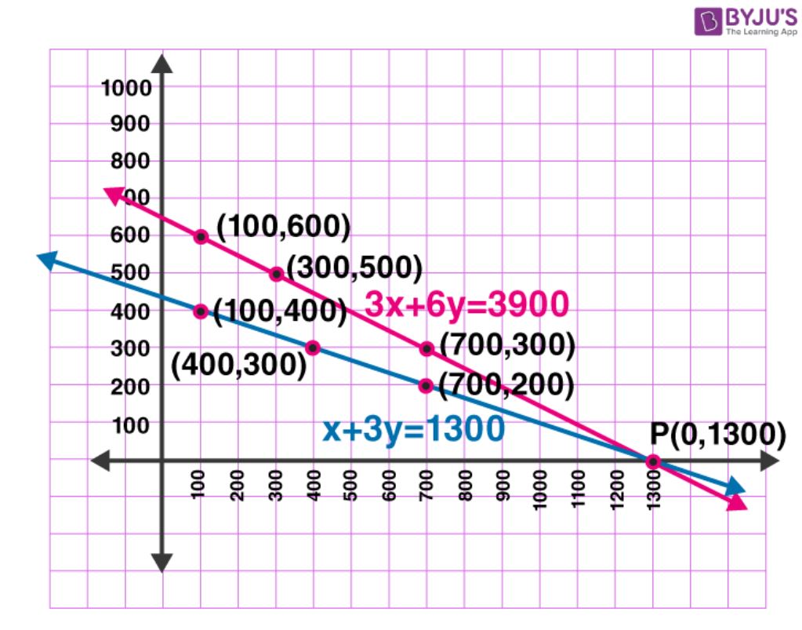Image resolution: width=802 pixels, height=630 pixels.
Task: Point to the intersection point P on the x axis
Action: (653, 461)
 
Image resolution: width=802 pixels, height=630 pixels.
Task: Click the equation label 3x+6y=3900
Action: (466, 305)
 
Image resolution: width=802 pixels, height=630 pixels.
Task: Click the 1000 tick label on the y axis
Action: (125, 88)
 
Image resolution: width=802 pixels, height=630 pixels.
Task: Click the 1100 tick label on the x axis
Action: (579, 491)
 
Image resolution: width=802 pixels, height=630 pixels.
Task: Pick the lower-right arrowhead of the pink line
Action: (738, 503)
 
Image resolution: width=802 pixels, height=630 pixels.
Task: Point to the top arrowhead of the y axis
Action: (161, 64)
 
